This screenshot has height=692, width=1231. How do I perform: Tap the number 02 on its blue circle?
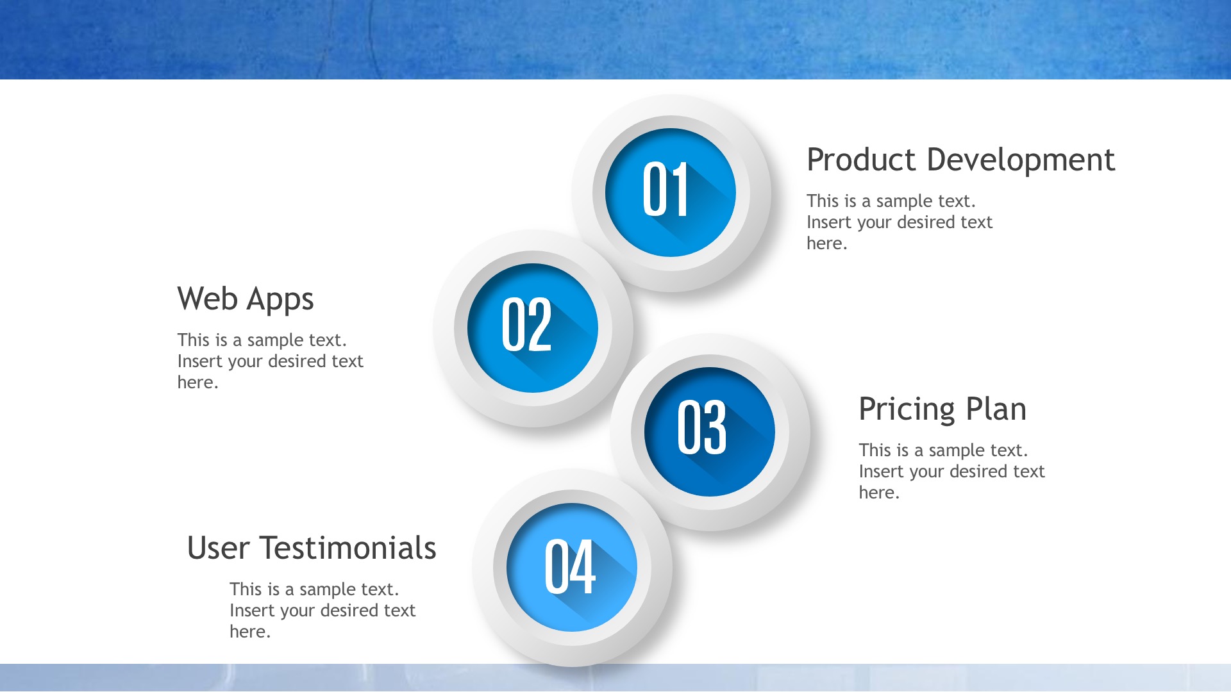526,324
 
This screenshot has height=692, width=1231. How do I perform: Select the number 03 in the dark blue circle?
702,427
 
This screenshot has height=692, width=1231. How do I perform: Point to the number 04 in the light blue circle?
570,566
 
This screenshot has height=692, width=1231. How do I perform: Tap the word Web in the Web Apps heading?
208,299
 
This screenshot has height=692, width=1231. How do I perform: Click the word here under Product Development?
827,243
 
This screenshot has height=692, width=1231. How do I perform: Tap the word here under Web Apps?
198,383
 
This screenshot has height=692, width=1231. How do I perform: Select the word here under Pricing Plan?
880,493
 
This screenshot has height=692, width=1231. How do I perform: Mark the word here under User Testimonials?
250,632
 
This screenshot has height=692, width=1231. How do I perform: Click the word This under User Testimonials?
245,589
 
